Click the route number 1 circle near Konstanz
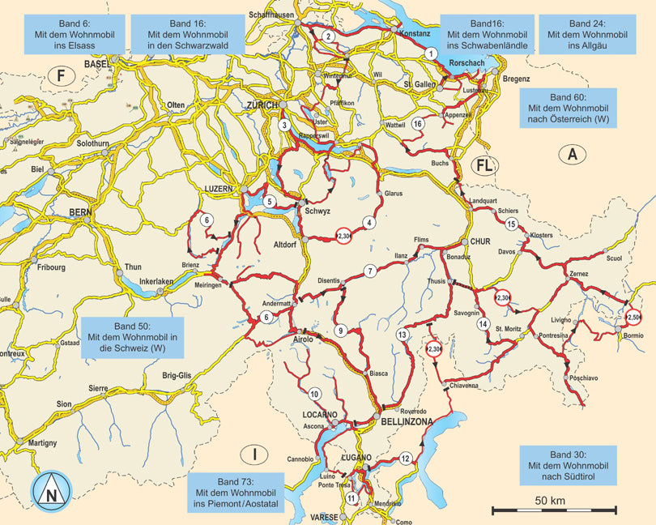click(431, 53)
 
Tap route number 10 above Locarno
click(314, 394)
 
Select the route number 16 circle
click(418, 124)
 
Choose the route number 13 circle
click(402, 335)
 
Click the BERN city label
click(82, 211)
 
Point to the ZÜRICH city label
click(263, 106)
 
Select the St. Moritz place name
click(509, 329)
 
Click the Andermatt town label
click(275, 302)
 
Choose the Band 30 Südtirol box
click(566, 465)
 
